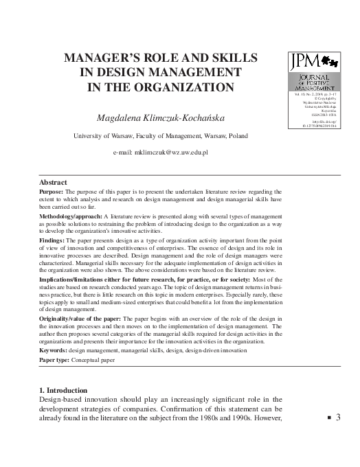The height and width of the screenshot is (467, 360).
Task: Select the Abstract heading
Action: coord(54,182)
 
